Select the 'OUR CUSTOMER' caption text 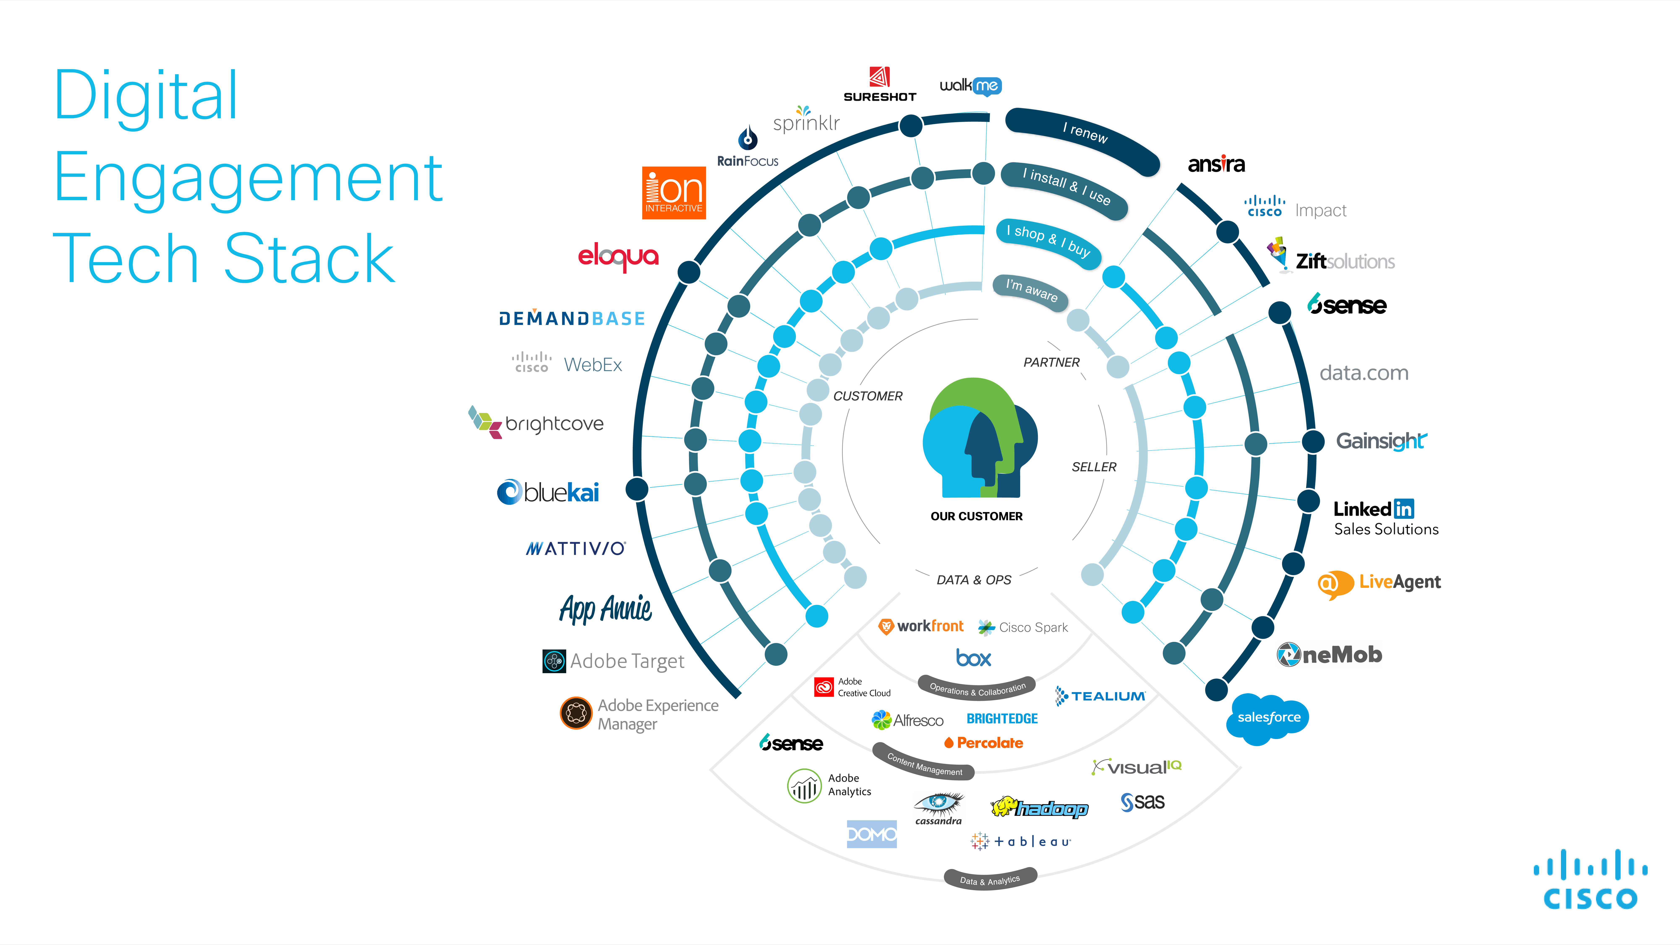976,516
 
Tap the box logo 973,658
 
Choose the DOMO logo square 871,834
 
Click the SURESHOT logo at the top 880,85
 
